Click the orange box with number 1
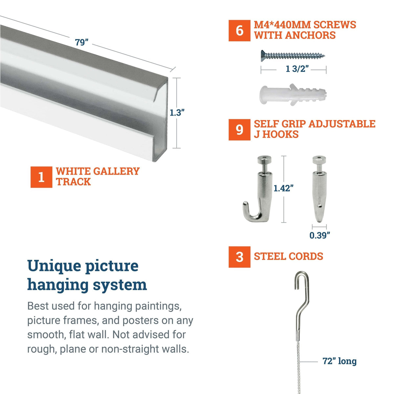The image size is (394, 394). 41,177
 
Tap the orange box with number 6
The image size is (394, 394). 239,31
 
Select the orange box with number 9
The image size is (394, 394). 239,130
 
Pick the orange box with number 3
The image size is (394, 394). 239,257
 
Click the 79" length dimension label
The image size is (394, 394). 82,43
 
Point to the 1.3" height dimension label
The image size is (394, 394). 177,113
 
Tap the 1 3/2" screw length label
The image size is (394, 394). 297,69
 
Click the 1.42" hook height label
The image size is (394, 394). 283,188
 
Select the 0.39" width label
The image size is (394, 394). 319,235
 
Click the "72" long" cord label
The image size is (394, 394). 339,361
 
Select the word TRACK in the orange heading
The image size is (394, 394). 73,182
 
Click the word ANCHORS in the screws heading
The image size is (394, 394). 310,35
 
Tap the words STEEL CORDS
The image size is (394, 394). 288,256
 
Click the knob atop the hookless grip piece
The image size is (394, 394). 319,161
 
